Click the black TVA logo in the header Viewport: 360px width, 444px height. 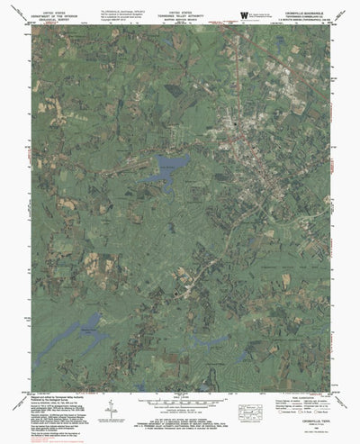pos(245,14)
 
